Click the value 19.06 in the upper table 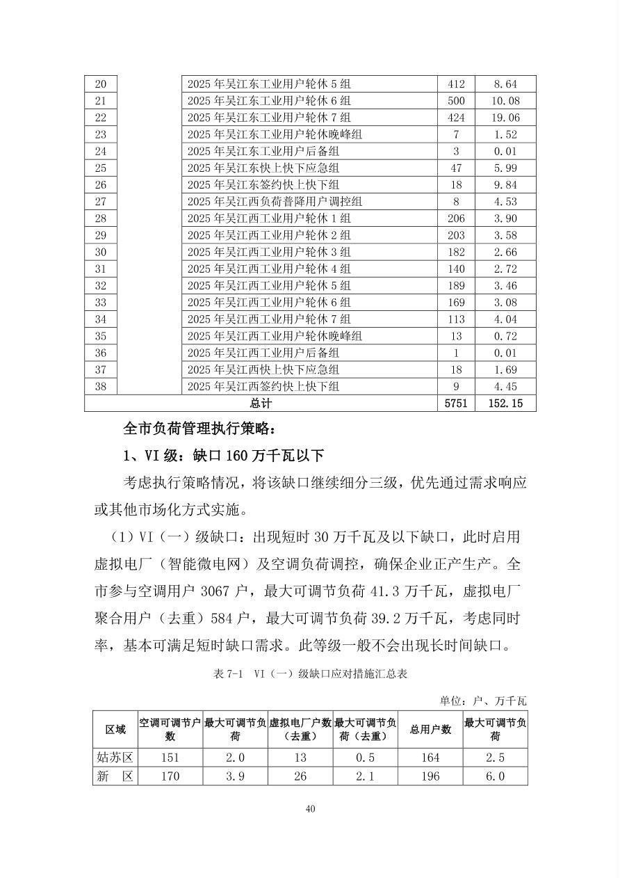505,118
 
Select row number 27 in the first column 100,202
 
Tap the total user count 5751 456,404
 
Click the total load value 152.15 505,404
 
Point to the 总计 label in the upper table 261,404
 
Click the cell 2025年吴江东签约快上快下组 263,185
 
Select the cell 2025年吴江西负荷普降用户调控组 275,202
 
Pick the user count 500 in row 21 456,101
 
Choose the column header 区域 115,729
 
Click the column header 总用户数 430,729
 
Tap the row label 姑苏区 115,758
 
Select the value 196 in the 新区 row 430,776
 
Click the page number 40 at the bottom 310,808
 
